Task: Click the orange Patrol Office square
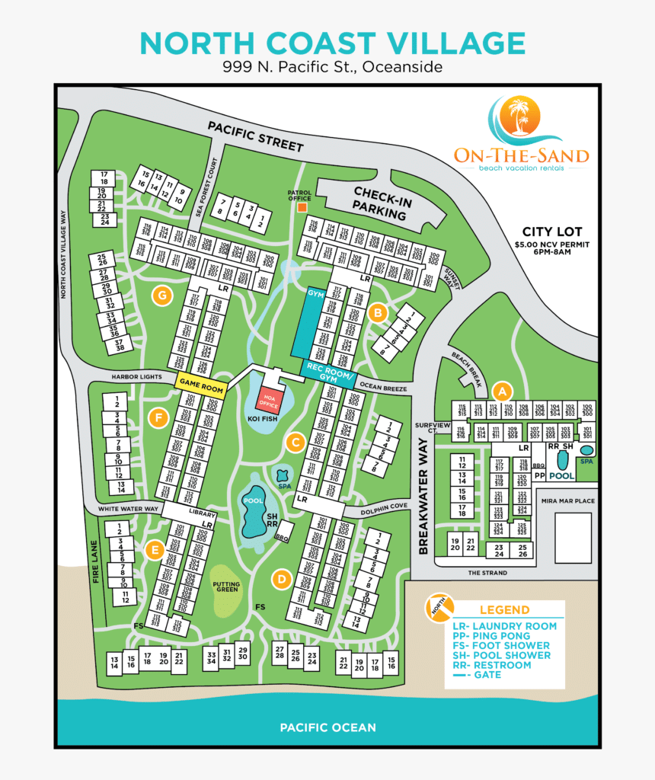tap(302, 207)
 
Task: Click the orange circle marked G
tap(161, 296)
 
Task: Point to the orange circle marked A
tap(501, 391)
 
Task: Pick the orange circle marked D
tap(282, 580)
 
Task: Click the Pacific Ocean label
tap(327, 727)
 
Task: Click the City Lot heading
tap(551, 232)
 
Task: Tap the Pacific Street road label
tap(255, 137)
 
